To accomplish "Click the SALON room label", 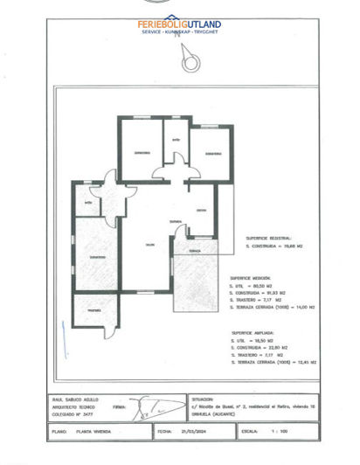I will [149, 244].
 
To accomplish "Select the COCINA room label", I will [201, 211].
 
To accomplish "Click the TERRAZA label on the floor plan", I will [194, 251].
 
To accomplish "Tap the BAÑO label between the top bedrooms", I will [175, 140].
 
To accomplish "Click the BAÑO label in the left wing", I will [88, 204].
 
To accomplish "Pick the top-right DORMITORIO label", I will [211, 154].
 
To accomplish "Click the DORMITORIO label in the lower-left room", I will [96, 257].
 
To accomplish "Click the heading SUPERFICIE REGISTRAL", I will [267, 237].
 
